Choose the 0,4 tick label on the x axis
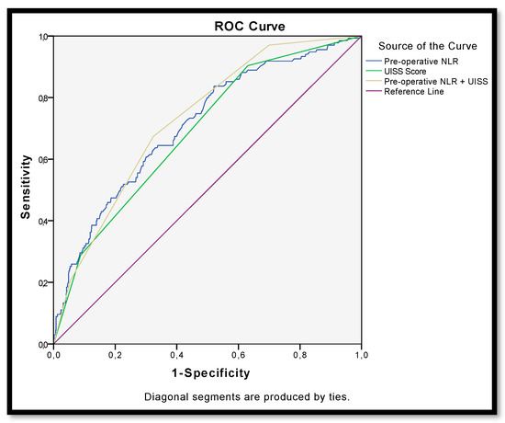coord(176,355)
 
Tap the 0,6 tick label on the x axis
coord(238,355)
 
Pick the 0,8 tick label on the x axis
coord(299,355)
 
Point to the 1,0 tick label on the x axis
coord(360,355)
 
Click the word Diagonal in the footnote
coord(163,397)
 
